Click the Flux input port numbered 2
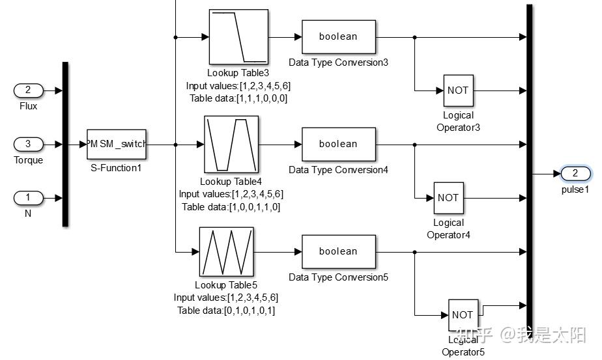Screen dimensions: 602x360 click(x=29, y=90)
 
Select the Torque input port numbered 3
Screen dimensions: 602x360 click(x=29, y=145)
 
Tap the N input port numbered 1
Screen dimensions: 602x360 click(x=29, y=198)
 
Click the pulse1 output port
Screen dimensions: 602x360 click(x=575, y=173)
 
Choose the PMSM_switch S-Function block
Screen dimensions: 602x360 click(x=117, y=145)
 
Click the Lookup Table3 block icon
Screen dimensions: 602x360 click(x=238, y=37)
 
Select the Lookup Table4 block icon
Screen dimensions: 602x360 click(x=231, y=145)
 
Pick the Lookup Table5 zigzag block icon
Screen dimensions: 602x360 click(x=227, y=252)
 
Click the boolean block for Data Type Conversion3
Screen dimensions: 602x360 click(x=339, y=37)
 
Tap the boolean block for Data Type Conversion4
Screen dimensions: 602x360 click(x=339, y=145)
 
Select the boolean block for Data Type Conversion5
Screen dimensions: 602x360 click(x=339, y=252)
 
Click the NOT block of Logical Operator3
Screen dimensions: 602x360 click(x=459, y=90)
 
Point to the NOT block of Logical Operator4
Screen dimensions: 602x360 click(x=449, y=198)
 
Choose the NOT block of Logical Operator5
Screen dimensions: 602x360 click(x=463, y=315)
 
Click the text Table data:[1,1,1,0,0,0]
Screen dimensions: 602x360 click(x=238, y=99)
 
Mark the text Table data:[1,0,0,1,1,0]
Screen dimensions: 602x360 click(x=231, y=207)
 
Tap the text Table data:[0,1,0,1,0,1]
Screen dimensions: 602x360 click(x=226, y=311)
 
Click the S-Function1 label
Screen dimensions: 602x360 click(x=116, y=168)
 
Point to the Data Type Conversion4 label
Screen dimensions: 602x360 click(x=338, y=170)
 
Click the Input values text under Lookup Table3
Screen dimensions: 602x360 click(x=238, y=86)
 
